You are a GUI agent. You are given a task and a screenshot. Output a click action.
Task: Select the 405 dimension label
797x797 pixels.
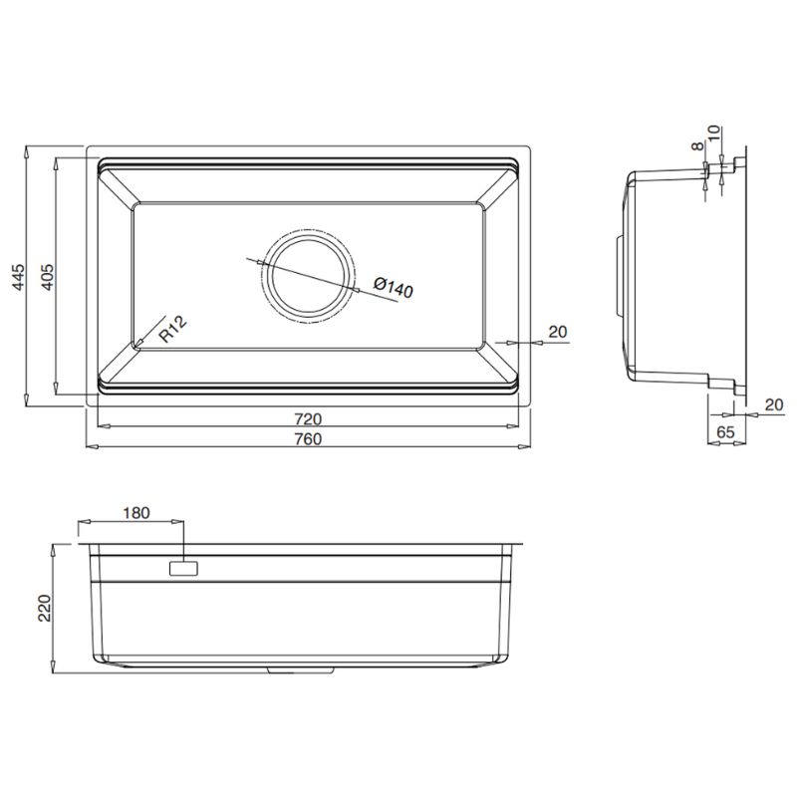(46, 276)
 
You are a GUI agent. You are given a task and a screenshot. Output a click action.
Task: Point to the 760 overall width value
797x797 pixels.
(307, 439)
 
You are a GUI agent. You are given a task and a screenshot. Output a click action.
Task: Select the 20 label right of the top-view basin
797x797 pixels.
(558, 332)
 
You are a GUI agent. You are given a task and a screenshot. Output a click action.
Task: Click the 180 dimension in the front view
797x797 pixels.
(135, 514)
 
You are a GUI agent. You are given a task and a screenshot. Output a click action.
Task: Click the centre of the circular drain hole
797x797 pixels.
(307, 277)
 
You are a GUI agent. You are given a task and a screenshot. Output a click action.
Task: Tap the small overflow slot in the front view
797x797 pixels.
(185, 569)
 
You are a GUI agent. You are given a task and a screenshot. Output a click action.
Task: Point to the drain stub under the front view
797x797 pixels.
(282, 670)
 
